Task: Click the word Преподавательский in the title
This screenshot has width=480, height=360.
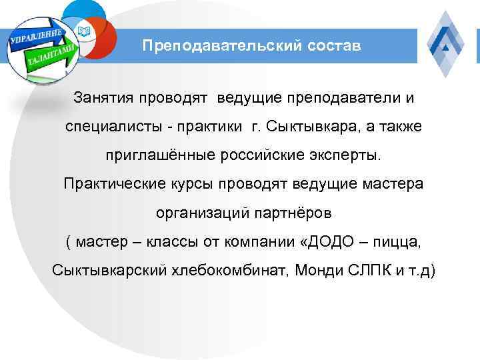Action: click(x=216, y=46)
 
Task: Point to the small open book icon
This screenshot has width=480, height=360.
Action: click(x=83, y=31)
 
